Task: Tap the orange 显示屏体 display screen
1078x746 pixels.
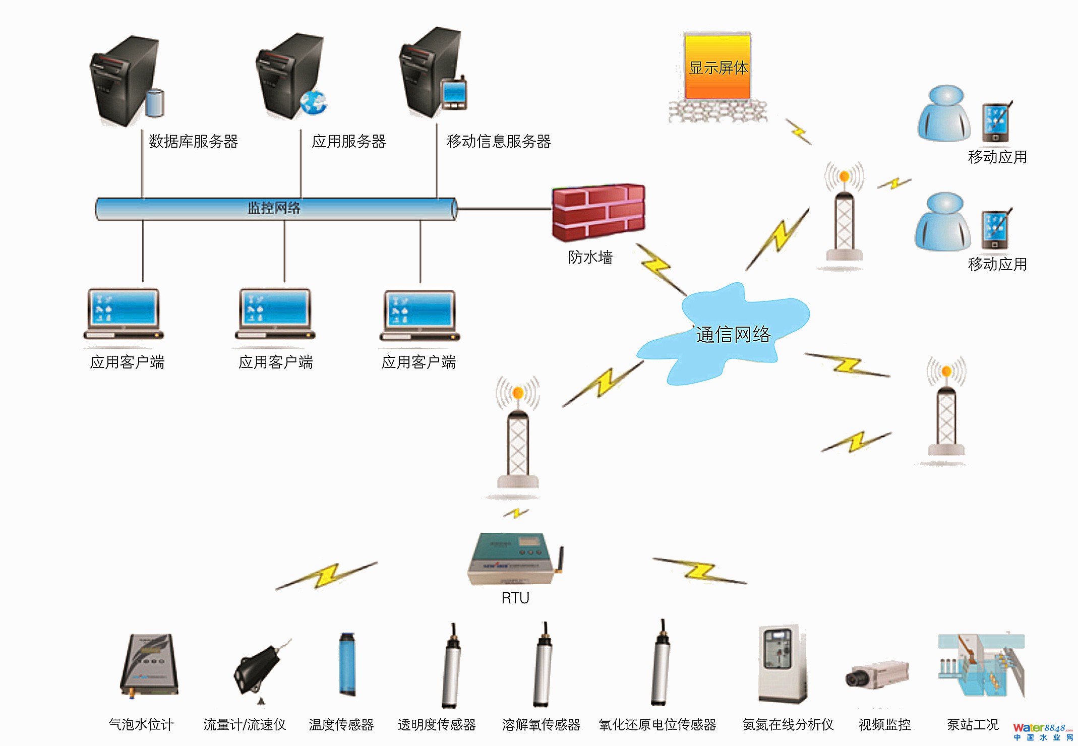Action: [x=717, y=67]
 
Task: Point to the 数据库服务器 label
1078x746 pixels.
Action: [x=193, y=142]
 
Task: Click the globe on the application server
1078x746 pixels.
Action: [x=313, y=102]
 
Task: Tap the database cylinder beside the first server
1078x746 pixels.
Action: [x=155, y=103]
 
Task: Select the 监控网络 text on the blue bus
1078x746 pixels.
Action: [x=274, y=208]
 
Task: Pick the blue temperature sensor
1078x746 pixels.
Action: [x=347, y=664]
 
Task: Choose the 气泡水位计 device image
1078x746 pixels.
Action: [x=149, y=664]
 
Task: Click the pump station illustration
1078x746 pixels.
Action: [x=980, y=665]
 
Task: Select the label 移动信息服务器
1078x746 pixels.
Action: [x=498, y=142]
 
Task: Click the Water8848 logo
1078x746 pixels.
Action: [x=1042, y=731]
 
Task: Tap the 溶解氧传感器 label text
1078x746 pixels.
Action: [x=541, y=725]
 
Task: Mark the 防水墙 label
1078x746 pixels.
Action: [x=590, y=258]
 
